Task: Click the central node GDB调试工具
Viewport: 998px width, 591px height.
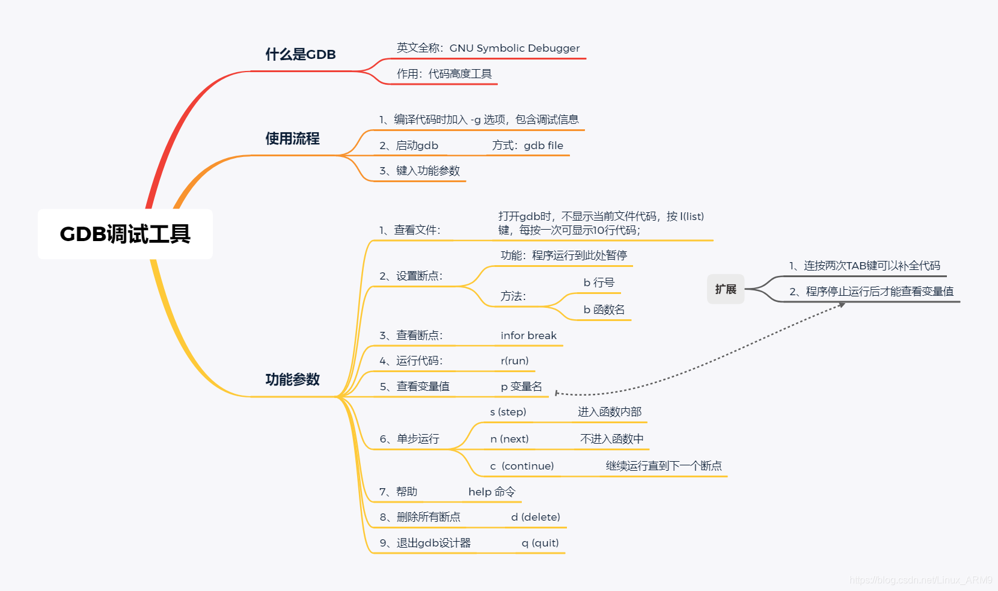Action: pos(125,234)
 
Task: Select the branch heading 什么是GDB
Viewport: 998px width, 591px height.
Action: pos(301,55)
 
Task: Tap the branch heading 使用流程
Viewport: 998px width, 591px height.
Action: pos(292,139)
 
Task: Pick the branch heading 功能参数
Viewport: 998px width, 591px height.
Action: pos(292,379)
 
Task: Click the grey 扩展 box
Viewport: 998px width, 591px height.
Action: pos(726,289)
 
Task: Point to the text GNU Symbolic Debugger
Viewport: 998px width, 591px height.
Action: pos(515,48)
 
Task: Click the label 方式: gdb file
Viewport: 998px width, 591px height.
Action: pos(527,145)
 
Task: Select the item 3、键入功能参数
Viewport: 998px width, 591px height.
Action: pos(420,171)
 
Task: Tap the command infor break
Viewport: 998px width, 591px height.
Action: pos(528,335)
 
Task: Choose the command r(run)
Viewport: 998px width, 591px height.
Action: pos(515,361)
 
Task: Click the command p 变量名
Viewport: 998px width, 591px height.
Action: pos(521,387)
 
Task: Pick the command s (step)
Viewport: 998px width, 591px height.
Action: pos(508,412)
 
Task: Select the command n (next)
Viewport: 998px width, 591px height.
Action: pos(509,439)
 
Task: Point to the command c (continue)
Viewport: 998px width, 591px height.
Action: pos(522,466)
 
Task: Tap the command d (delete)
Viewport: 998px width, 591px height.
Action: pos(536,517)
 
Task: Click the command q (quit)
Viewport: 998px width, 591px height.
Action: pos(540,543)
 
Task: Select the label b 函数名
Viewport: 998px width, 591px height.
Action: pos(604,310)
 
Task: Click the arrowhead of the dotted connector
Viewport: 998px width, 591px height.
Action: pos(842,305)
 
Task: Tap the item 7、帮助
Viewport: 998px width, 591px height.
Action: pos(398,492)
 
